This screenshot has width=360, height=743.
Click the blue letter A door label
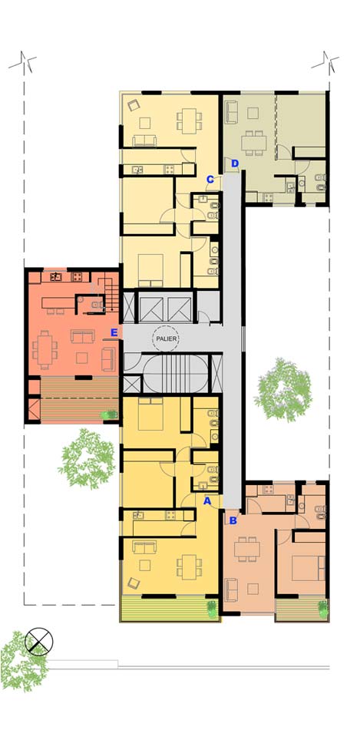(207, 500)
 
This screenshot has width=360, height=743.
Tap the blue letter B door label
(233, 520)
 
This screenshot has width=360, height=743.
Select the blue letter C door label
(210, 180)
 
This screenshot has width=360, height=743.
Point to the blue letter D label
(235, 164)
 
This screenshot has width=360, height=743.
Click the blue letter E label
(114, 332)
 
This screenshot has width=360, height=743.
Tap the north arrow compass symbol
(39, 642)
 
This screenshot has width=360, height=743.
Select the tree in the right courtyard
(283, 390)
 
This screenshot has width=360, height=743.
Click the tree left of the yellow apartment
(88, 458)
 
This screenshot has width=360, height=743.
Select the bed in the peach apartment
(309, 568)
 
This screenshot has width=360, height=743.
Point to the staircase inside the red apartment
(111, 294)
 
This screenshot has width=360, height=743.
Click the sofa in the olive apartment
(232, 112)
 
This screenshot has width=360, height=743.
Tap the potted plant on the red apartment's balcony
(110, 415)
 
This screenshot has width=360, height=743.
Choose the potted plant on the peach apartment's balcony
(323, 609)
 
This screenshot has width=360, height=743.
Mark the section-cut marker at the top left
(23, 62)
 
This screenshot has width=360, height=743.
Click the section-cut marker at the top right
(325, 62)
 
